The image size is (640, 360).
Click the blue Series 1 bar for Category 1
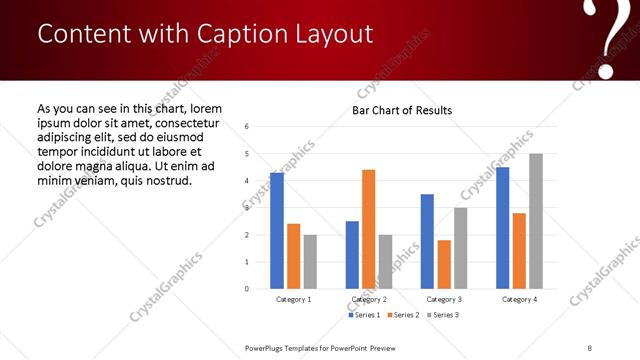coord(277,231)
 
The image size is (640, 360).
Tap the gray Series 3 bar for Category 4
coord(536,221)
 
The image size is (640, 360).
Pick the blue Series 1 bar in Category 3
coord(427,241)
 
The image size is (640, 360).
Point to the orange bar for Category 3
coord(444,264)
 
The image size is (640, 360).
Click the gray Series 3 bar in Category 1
coord(311,262)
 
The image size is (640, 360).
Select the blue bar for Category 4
coord(503,228)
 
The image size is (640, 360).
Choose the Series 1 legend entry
coord(364,315)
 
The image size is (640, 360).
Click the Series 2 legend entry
coord(402,315)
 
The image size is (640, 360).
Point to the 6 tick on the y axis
coord(247,127)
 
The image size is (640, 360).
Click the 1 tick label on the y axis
coord(247,262)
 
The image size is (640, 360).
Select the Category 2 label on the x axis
coord(368,299)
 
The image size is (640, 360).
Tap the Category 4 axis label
coord(519,299)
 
